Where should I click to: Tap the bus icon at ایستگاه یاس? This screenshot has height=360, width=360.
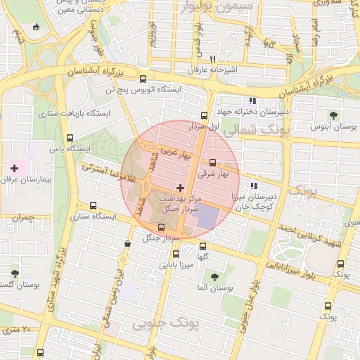(69, 138)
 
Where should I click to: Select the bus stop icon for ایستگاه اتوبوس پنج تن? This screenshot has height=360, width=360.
(143, 79)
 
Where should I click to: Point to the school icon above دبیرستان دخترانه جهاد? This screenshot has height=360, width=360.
(253, 101)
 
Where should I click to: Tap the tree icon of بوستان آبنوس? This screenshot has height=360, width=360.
(333, 115)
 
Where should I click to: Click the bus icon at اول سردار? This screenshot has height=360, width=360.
(204, 115)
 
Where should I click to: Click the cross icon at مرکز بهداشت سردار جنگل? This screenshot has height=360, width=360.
(181, 188)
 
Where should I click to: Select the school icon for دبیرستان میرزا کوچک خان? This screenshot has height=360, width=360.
(253, 186)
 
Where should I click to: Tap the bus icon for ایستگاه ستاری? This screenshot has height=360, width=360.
(94, 205)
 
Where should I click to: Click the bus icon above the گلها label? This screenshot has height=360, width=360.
(203, 246)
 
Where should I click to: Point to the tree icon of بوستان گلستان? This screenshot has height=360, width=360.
(15, 274)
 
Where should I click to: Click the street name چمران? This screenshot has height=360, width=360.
(22, 218)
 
